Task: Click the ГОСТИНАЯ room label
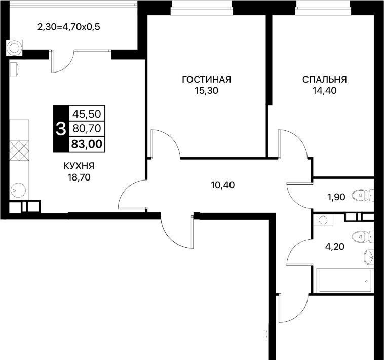click(207, 80)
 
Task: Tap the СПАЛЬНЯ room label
click(325, 80)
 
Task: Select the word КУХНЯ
click(79, 166)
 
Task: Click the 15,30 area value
click(206, 91)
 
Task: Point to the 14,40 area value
click(324, 91)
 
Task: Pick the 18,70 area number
click(79, 177)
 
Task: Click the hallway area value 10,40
click(222, 185)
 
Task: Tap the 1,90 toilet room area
click(336, 197)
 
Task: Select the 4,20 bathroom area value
click(334, 247)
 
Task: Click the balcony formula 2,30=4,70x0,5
click(69, 27)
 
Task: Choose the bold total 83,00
click(87, 144)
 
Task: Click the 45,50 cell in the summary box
click(87, 114)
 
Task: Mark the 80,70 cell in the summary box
click(87, 128)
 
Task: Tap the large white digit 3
click(61, 129)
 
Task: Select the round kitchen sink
click(18, 190)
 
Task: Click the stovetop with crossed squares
click(19, 151)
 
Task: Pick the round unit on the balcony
click(15, 47)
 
